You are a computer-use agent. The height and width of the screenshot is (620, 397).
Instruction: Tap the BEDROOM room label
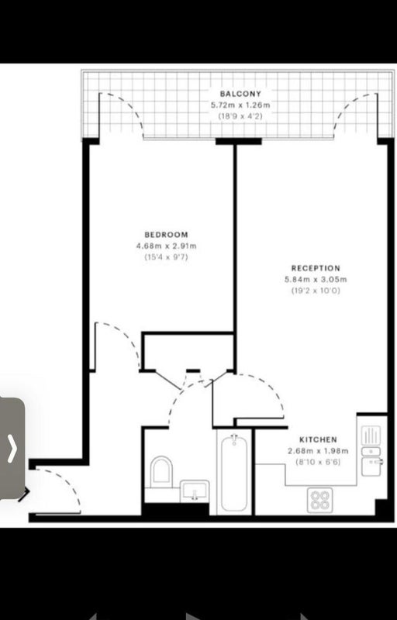pyautogui.click(x=166, y=235)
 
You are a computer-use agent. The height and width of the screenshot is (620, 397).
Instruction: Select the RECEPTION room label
pyautogui.click(x=316, y=268)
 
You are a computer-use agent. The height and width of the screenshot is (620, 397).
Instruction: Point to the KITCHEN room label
pyautogui.click(x=318, y=439)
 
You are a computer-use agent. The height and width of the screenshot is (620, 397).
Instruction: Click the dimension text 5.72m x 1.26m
pyautogui.click(x=240, y=105)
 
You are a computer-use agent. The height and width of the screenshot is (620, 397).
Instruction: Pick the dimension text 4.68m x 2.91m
pyautogui.click(x=166, y=246)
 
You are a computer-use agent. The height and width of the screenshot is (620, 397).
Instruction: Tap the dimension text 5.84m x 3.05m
pyautogui.click(x=316, y=280)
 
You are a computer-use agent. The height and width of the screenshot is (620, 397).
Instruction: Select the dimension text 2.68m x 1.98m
pyautogui.click(x=318, y=451)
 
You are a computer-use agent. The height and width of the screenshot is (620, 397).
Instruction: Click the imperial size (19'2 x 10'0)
pyautogui.click(x=316, y=291)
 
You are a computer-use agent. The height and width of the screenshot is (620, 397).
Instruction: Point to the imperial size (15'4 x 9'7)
pyautogui.click(x=166, y=257)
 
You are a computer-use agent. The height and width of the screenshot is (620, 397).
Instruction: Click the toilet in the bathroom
pyautogui.click(x=161, y=472)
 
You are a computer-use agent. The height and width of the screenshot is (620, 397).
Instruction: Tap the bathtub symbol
pyautogui.click(x=234, y=474)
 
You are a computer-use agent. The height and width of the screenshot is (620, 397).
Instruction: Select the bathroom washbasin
pyautogui.click(x=195, y=491)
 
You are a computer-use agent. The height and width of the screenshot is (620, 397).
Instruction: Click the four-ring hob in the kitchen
pyautogui.click(x=320, y=500)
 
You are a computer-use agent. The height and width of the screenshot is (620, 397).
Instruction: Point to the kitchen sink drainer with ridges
pyautogui.click(x=371, y=436)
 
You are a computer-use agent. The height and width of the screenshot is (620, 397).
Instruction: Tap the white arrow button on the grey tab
pyautogui.click(x=12, y=449)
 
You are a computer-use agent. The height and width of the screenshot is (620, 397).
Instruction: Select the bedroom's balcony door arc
pyautogui.click(x=127, y=107)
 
